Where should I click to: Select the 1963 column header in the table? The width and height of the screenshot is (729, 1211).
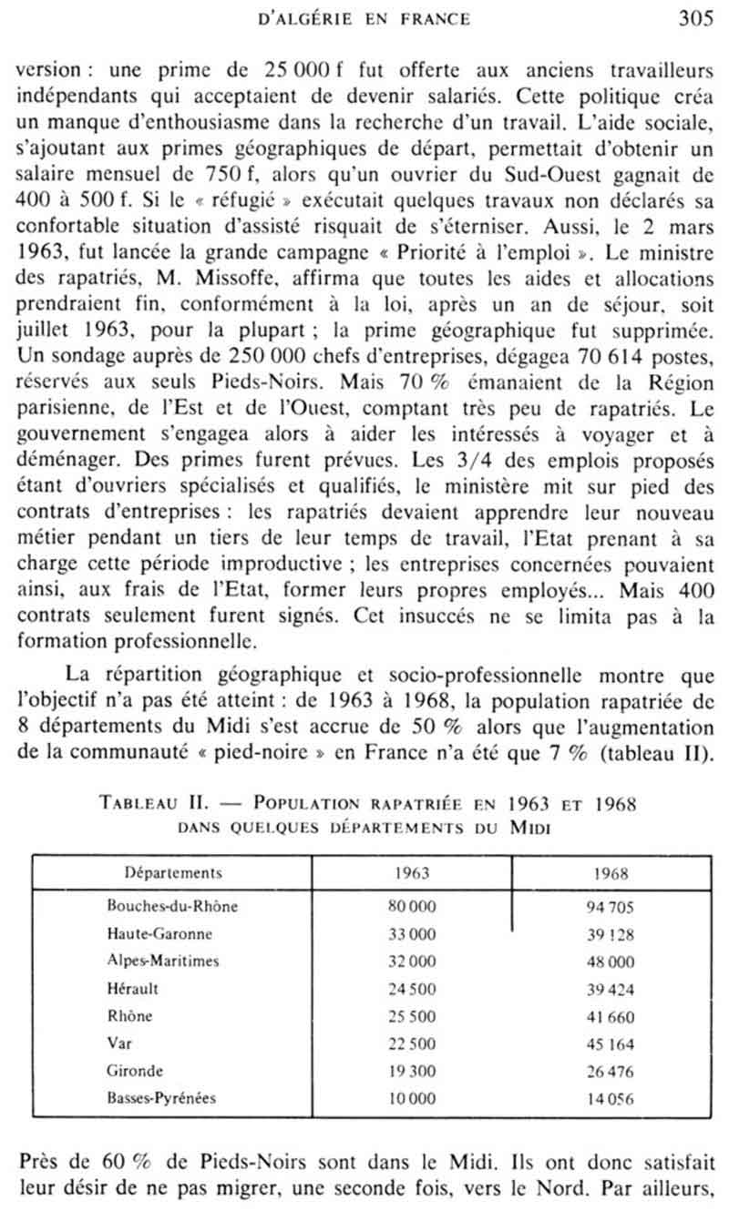[x=412, y=872]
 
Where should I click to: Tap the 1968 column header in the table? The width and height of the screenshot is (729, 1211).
[x=610, y=872]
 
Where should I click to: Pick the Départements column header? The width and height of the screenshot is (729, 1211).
[x=173, y=872]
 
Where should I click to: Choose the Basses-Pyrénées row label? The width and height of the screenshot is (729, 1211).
[x=161, y=1098]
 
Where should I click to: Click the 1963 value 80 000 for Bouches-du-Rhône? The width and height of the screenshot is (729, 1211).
[x=412, y=906]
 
